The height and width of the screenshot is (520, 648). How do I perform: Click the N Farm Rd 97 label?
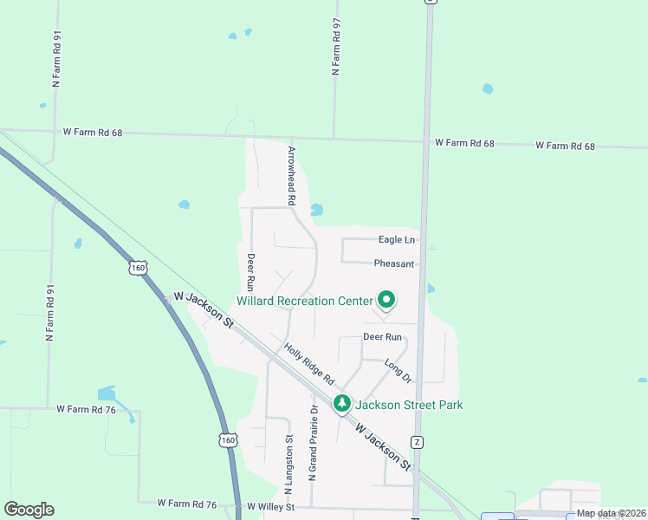tap(336, 49)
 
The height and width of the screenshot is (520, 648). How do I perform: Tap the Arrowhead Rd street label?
tap(292, 174)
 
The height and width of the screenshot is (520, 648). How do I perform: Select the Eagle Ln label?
tap(397, 239)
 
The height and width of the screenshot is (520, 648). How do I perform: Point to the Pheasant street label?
tap(394, 263)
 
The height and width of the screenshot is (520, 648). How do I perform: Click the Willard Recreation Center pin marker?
tap(386, 300)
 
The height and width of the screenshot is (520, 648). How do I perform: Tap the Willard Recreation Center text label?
tap(304, 302)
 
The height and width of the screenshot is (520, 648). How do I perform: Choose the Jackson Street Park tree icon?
tap(342, 404)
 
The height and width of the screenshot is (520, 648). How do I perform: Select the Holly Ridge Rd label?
tap(309, 364)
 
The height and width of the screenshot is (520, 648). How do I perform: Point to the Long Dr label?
tap(398, 370)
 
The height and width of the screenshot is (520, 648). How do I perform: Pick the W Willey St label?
tap(271, 506)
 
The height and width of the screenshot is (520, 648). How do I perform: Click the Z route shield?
tap(418, 442)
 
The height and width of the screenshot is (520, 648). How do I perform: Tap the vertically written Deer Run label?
tap(250, 271)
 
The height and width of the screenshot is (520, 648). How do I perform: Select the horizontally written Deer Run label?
tap(382, 336)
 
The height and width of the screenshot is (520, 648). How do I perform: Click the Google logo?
tap(29, 510)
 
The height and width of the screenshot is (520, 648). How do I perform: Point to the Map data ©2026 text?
tap(612, 513)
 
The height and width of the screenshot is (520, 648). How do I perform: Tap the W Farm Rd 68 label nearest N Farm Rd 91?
tap(93, 133)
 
